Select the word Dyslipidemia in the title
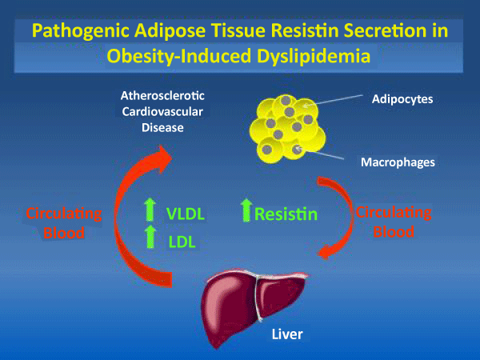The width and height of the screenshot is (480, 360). pos(314,56)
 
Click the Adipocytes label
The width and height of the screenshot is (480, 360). pos(402,99)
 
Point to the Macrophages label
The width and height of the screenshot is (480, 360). pos(398,162)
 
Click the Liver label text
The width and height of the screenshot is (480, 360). pos(287,334)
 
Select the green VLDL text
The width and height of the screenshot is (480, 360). pos(186,214)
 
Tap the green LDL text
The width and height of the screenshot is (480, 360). pos(182,242)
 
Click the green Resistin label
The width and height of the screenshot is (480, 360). pos(286,214)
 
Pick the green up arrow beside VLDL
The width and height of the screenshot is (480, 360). pos(150,210)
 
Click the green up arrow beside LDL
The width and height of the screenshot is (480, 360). pos(150,237)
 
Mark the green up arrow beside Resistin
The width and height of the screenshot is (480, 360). pos(246,210)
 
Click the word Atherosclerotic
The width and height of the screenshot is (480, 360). pos(162,96)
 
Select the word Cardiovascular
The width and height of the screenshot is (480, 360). pos(162,112)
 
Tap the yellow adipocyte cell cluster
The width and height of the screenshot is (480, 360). pos(287,129)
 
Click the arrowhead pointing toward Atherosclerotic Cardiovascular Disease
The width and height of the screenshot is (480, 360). pos(162,158)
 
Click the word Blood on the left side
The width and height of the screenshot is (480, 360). pos(64,233)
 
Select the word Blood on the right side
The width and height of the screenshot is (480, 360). pos(394,232)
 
